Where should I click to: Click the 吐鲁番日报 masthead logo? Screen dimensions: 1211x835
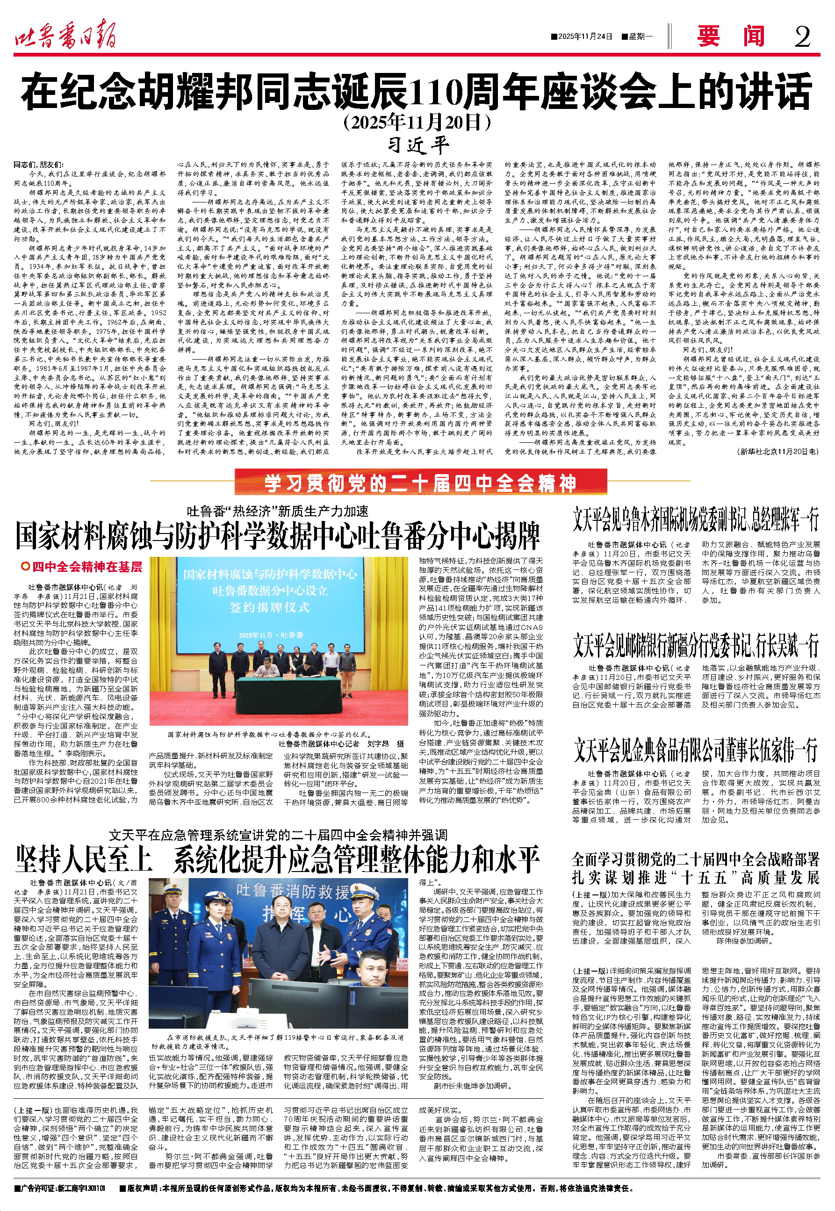click(65, 36)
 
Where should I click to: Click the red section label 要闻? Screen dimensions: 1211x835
click(731, 36)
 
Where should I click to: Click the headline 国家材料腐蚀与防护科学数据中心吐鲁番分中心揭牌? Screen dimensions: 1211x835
click(277, 536)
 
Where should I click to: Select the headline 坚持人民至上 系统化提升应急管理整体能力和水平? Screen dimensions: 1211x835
click(277, 859)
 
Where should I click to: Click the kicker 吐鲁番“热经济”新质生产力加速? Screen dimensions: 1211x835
click(277, 511)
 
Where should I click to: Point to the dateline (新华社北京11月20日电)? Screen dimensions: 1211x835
click(777, 451)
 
